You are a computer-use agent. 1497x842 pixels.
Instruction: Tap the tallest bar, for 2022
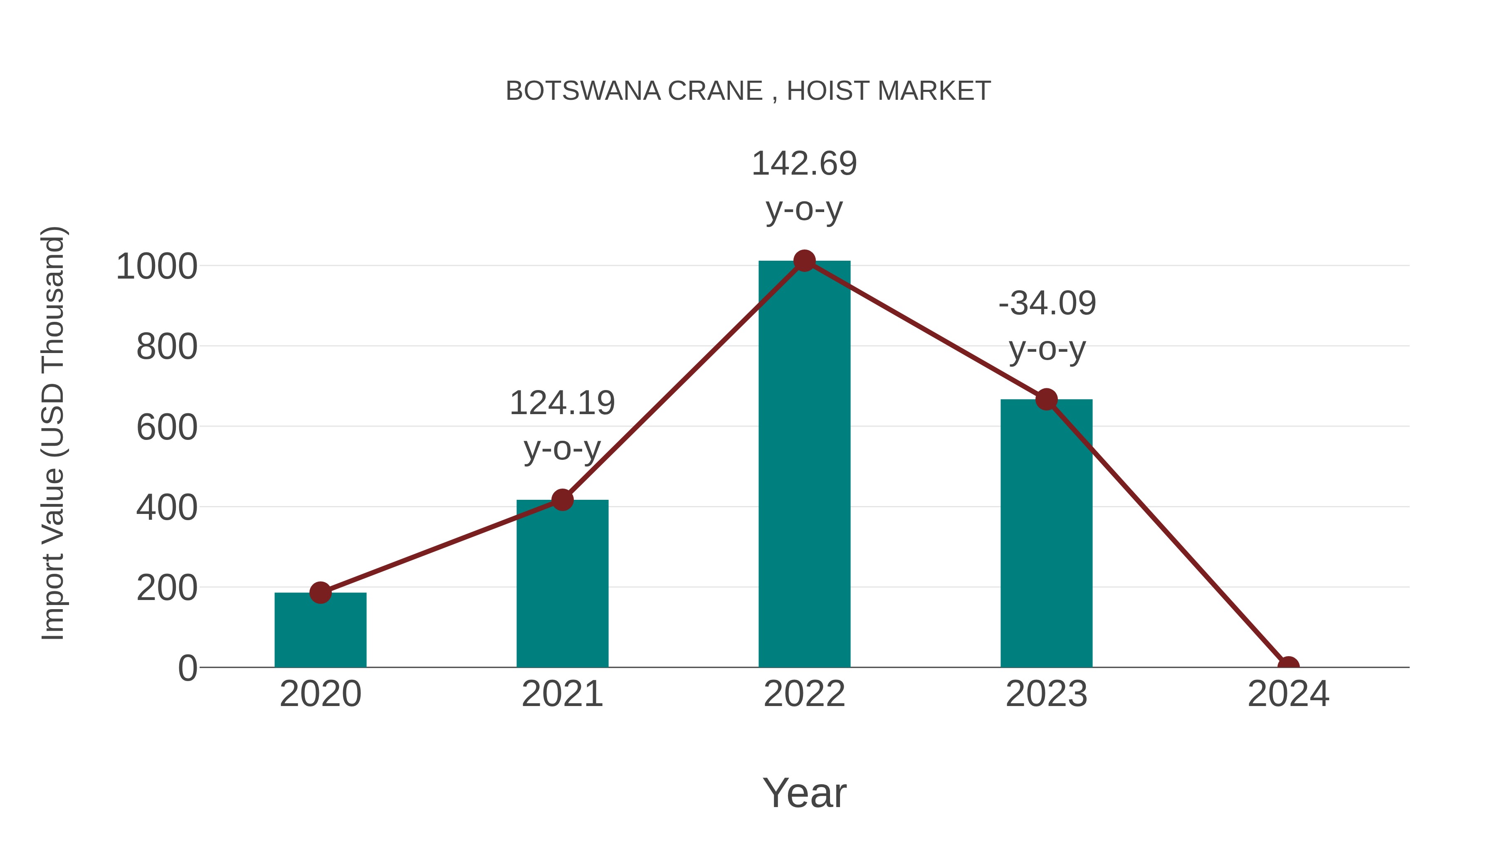tap(804, 465)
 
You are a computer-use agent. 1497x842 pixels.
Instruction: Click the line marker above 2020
tap(320, 593)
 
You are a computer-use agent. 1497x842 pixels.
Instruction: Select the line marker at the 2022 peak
tap(804, 261)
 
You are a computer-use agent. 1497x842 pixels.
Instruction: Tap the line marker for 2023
tap(1046, 400)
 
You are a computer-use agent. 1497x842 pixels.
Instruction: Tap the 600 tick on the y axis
tap(167, 428)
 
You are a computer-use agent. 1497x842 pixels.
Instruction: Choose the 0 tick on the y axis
tap(187, 668)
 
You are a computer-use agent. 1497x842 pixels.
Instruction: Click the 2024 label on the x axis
tap(1288, 694)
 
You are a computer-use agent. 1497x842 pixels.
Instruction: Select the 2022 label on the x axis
tap(804, 694)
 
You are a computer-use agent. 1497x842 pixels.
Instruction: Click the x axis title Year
tap(804, 793)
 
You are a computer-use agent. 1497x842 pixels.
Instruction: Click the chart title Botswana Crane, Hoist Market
tap(748, 91)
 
